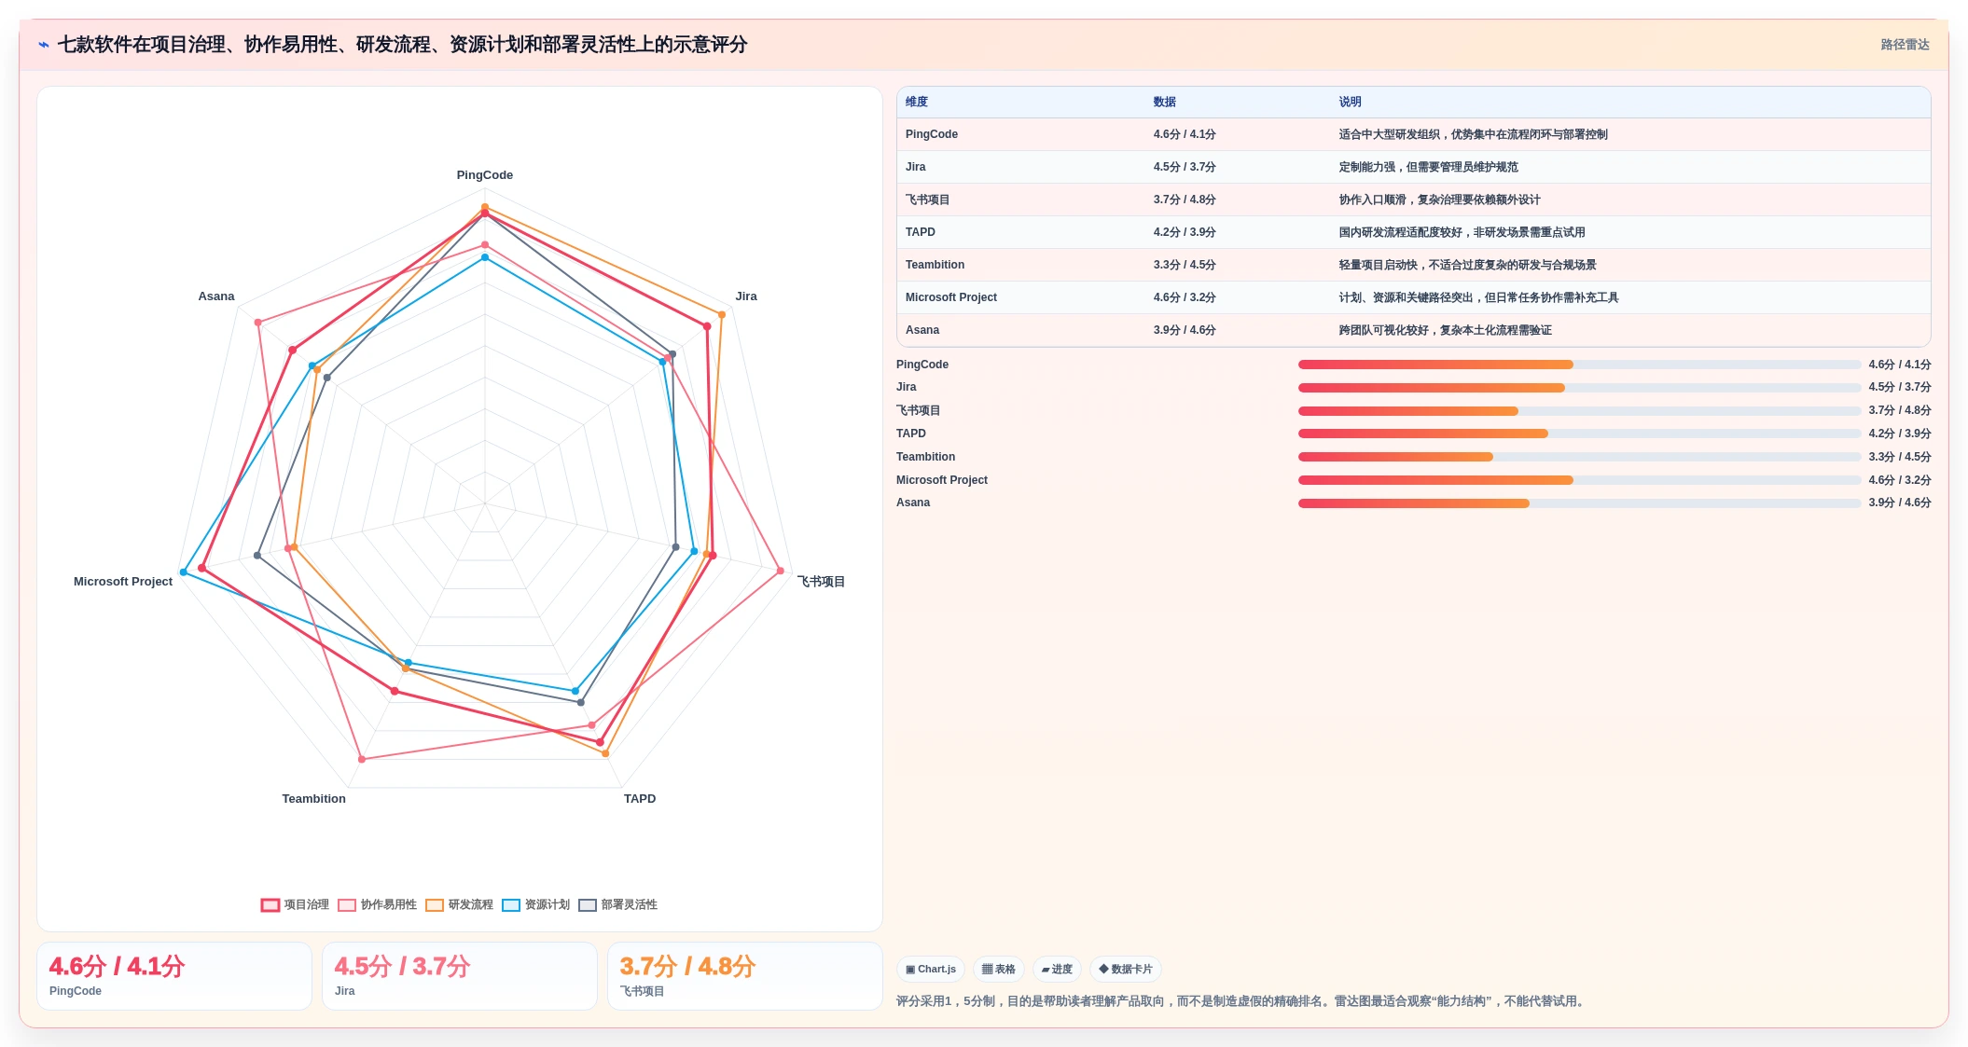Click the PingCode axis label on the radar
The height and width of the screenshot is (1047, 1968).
[x=484, y=175]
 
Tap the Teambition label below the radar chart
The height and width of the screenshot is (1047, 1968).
[x=313, y=799]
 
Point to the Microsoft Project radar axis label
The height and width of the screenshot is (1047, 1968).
[x=123, y=582]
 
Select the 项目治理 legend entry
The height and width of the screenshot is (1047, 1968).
[x=295, y=905]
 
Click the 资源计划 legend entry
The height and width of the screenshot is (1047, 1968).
[x=535, y=905]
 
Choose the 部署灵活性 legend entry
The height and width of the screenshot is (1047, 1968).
[x=617, y=905]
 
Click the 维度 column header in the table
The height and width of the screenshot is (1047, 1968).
[x=917, y=103]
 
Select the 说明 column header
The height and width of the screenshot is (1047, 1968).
[x=1350, y=103]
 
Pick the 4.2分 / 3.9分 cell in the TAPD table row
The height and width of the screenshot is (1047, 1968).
[x=1185, y=233]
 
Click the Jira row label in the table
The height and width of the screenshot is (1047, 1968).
[x=916, y=168]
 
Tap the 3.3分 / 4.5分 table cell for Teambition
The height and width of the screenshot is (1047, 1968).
[x=1185, y=266]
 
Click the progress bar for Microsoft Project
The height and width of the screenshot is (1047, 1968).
[x=1579, y=480]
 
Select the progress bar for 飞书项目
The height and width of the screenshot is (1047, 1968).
[x=1579, y=411]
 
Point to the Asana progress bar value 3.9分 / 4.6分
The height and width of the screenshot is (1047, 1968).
[x=1900, y=503]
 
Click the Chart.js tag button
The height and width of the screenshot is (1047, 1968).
[x=931, y=970]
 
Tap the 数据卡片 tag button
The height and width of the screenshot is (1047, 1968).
[x=1125, y=970]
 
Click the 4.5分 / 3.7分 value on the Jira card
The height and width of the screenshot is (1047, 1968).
[x=402, y=967]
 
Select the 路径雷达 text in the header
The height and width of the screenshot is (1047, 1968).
[x=1905, y=45]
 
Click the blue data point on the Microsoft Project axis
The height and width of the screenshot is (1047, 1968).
[x=184, y=572]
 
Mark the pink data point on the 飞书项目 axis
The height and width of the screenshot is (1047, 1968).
[x=781, y=572]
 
